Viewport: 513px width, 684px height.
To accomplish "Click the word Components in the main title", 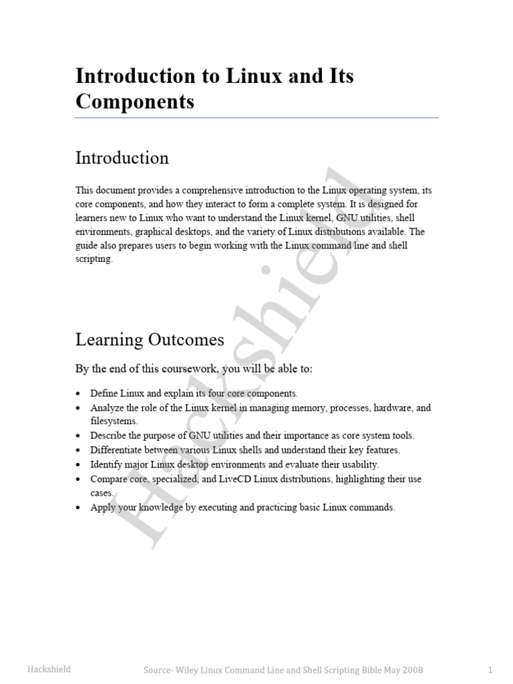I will (135, 102).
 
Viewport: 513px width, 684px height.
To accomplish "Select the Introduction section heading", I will (122, 158).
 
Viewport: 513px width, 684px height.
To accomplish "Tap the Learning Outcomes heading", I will (150, 340).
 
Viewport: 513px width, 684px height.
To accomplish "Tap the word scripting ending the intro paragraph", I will (93, 259).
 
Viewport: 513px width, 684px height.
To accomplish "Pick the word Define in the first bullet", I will (103, 393).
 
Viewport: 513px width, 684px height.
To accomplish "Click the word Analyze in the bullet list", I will (106, 407).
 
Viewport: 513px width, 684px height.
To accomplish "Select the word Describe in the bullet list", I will (108, 436).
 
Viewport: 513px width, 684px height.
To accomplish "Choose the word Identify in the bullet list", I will (106, 464).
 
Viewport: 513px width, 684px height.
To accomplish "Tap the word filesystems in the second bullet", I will (114, 421).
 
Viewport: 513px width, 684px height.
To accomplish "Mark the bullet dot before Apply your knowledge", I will (79, 508).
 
